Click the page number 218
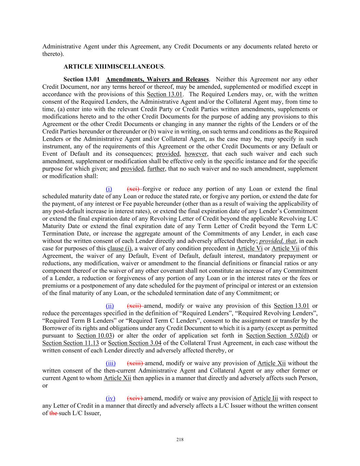(180, 440)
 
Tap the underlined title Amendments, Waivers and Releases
(157, 79)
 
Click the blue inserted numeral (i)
(109, 189)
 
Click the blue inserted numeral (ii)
(110, 306)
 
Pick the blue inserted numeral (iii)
(111, 363)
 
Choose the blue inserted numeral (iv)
(111, 398)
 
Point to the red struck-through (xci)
(134, 189)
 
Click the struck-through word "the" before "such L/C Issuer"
(54, 413)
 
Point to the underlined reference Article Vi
(249, 248)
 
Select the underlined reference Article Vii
(285, 248)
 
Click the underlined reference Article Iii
(265, 398)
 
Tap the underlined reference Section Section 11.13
(71, 343)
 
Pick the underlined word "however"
(196, 154)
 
